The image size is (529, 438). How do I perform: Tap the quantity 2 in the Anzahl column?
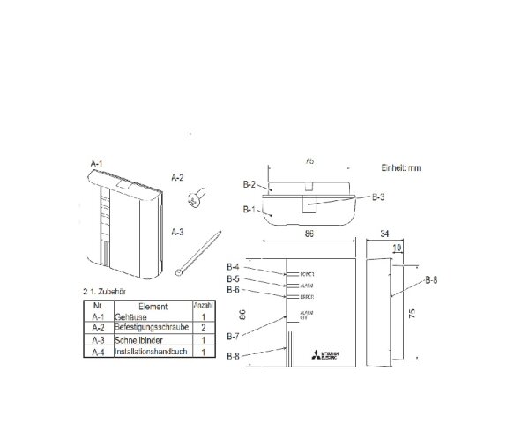(x=204, y=326)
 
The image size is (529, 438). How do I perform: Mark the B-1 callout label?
(x=250, y=210)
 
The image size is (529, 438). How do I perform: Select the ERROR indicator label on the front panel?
(x=308, y=297)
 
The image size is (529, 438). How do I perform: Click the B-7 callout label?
(x=234, y=335)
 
